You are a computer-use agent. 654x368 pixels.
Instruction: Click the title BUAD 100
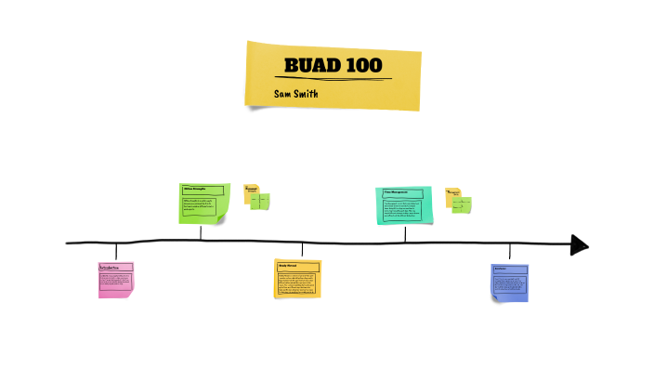pos(334,67)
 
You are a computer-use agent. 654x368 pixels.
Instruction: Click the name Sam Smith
pos(296,94)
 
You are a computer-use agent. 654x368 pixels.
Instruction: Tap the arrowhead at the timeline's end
pos(579,244)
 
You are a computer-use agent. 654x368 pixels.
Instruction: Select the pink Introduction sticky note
pos(116,279)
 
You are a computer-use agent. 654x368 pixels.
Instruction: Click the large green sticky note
pos(203,204)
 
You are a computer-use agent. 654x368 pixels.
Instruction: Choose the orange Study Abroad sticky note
pos(297,279)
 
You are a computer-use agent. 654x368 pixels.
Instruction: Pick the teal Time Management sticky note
pos(405,205)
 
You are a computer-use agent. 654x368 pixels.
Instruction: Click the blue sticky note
pos(510,282)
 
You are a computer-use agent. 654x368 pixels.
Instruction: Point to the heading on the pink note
pos(115,268)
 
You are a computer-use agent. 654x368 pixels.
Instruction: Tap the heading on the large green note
pos(201,190)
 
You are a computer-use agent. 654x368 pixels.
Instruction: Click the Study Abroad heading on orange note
pos(296,266)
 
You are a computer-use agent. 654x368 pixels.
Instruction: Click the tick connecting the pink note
pos(116,251)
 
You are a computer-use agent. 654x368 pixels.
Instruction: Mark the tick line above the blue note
pos(510,252)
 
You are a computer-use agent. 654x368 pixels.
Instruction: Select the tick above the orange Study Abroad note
pos(302,250)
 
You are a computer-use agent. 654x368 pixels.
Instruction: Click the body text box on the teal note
pos(405,210)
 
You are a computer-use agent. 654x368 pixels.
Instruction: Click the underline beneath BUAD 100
pos(334,78)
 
